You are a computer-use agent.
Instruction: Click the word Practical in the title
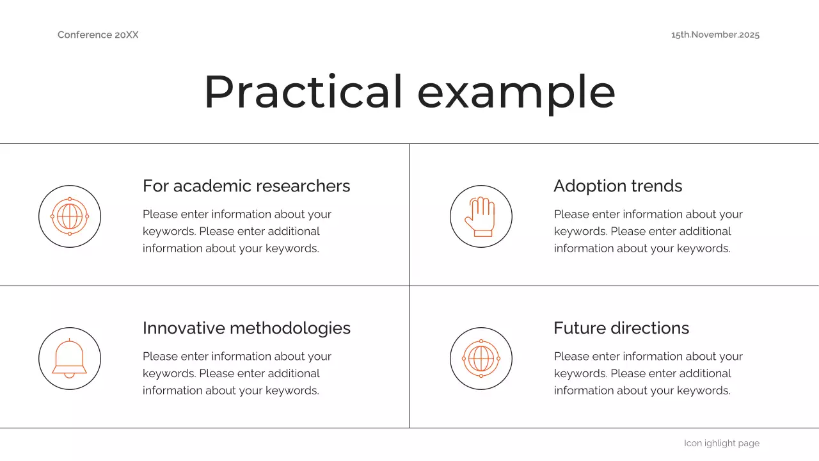pos(303,92)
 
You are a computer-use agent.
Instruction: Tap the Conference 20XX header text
pos(98,35)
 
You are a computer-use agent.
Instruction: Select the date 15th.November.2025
pos(715,35)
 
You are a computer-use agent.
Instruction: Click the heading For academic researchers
pos(246,186)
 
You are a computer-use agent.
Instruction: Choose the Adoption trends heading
pos(617,186)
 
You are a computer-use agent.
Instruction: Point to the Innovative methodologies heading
pos(246,328)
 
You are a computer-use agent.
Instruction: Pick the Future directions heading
pos(621,328)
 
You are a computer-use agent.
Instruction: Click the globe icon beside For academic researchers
pos(70,216)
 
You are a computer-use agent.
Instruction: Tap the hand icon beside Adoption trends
pos(481,216)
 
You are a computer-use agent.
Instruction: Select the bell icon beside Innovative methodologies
pos(70,358)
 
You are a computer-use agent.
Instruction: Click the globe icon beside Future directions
pos(481,358)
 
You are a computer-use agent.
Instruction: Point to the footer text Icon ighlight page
pos(721,443)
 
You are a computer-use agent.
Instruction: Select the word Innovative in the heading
pos(184,328)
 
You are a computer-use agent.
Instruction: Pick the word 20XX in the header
pos(127,35)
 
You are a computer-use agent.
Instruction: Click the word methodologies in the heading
pos(290,328)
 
